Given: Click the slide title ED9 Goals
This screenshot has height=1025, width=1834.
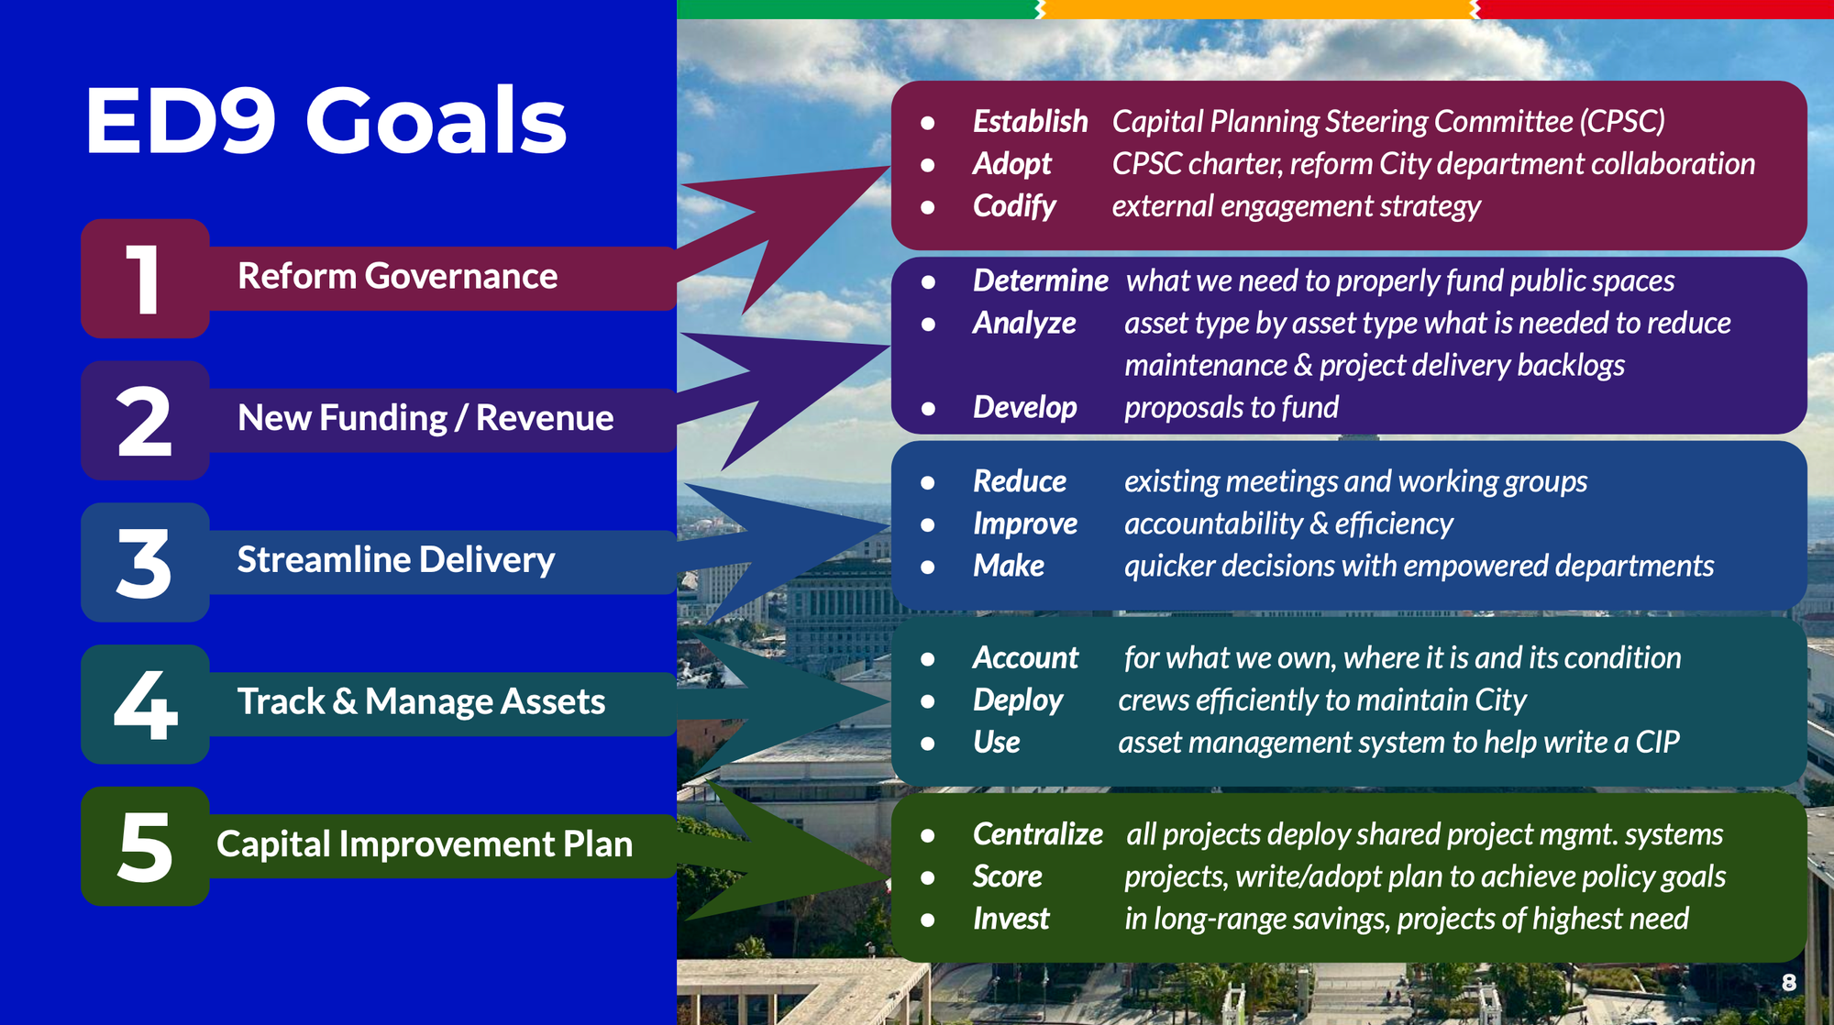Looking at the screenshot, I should (x=326, y=121).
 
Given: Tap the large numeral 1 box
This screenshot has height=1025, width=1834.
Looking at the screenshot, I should (x=145, y=279).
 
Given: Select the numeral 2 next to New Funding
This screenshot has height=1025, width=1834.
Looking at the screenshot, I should (x=145, y=421).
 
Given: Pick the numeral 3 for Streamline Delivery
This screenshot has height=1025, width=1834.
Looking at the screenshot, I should (x=145, y=563).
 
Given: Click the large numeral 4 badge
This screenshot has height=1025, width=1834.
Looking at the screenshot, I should (x=145, y=704).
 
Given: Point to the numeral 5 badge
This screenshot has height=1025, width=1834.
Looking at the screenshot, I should (x=145, y=846).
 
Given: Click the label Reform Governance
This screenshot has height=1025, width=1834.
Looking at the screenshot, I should (x=397, y=276).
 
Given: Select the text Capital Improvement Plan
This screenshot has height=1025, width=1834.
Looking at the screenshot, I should (x=425, y=844).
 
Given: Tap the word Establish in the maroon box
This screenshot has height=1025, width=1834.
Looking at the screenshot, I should (x=1030, y=122).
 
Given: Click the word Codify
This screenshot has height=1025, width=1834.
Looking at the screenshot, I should (x=1014, y=206).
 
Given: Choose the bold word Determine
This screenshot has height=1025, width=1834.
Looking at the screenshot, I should (x=1040, y=281).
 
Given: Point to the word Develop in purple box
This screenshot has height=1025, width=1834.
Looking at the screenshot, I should (x=1024, y=407).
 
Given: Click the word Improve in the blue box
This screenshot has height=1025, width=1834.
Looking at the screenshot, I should (x=1024, y=524).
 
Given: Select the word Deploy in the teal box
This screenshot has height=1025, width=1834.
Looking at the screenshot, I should (x=1017, y=700).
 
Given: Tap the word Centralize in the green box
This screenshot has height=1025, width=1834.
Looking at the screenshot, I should (x=1037, y=834).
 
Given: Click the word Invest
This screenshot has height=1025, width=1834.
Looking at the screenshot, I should (x=1011, y=919).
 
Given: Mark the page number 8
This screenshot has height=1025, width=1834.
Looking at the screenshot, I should (x=1788, y=983).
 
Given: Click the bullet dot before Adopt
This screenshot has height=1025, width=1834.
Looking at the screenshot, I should (x=928, y=165).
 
